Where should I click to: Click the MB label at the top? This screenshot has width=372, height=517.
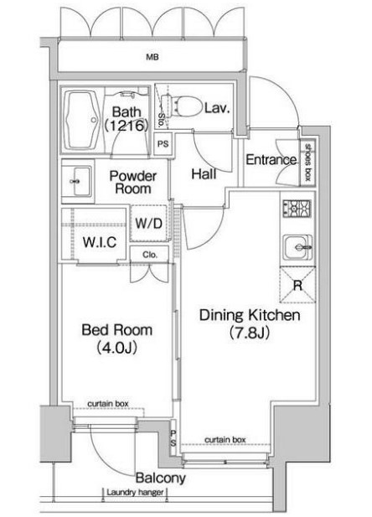pyautogui.click(x=152, y=57)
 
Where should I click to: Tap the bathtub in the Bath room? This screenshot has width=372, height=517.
pyautogui.click(x=81, y=120)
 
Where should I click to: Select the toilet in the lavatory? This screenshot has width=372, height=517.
pyautogui.click(x=183, y=106)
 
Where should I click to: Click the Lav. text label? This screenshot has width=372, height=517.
pyautogui.click(x=217, y=108)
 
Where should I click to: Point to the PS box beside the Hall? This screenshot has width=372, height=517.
pyautogui.click(x=163, y=144)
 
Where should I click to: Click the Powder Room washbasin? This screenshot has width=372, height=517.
pyautogui.click(x=78, y=181)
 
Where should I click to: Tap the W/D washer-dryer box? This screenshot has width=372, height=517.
pyautogui.click(x=149, y=224)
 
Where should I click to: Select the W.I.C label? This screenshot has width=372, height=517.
pyautogui.click(x=100, y=242)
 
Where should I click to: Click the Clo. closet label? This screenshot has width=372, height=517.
pyautogui.click(x=150, y=255)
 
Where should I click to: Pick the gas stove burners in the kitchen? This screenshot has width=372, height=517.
pyautogui.click(x=297, y=209)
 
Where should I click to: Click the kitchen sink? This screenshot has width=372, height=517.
pyautogui.click(x=297, y=247)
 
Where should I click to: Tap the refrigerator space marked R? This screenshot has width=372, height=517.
pyautogui.click(x=297, y=285)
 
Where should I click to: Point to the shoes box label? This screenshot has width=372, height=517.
pyautogui.click(x=308, y=162)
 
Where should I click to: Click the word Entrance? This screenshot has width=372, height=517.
pyautogui.click(x=271, y=160)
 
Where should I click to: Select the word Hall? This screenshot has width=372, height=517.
pyautogui.click(x=204, y=173)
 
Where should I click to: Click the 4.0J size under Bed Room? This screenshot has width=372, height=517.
pyautogui.click(x=117, y=348)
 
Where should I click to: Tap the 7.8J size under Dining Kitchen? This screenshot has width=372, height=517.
pyautogui.click(x=250, y=333)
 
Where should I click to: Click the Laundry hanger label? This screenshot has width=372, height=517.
pyautogui.click(x=135, y=493)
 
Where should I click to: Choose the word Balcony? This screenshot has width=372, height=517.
pyautogui.click(x=161, y=478)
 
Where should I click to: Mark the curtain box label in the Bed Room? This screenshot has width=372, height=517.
pyautogui.click(x=108, y=404)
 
